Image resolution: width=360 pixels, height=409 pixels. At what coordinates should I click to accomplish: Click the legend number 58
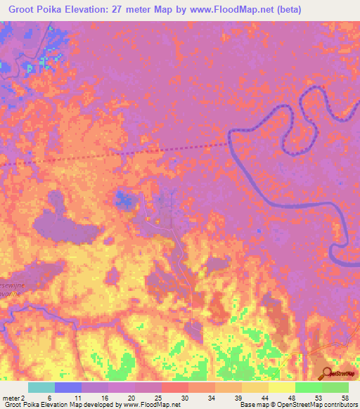[345, 397]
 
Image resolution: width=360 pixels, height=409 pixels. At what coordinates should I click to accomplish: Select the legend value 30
[184, 397]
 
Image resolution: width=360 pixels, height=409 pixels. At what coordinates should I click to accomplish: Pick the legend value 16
[104, 397]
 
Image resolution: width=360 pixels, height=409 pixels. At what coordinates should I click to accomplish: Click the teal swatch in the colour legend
[41, 387]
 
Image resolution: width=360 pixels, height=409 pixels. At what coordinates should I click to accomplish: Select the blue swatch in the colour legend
[68, 387]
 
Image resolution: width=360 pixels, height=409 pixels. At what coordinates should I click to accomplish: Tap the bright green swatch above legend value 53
[309, 387]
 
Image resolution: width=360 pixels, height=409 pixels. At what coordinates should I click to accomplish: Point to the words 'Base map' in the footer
[252, 405]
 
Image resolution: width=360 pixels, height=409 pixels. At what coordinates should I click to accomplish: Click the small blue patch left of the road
[125, 199]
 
